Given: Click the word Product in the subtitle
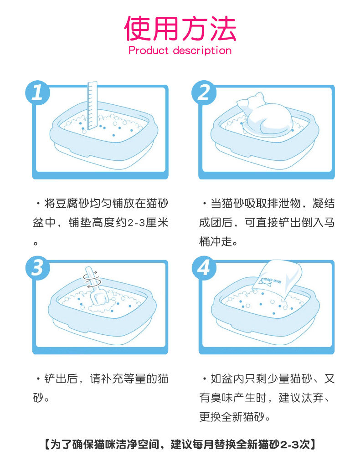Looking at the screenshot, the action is point(149,51).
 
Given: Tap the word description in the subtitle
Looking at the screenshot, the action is point(202,51).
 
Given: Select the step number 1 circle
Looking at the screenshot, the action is point(37,92).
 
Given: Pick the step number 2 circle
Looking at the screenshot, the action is point(204,93).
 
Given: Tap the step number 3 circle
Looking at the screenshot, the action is point(37,267).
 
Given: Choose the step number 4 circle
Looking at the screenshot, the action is point(204,267).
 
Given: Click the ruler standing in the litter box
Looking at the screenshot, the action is point(92,106).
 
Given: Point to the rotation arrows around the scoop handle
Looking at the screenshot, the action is point(92,279).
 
